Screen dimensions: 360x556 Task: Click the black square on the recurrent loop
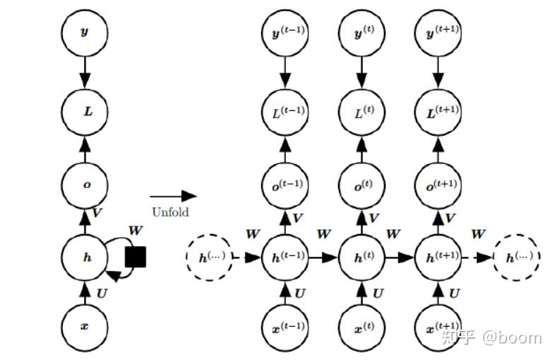tap(135, 257)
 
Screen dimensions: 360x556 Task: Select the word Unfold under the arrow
tap(170, 211)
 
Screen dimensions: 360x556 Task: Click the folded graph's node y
tap(84, 33)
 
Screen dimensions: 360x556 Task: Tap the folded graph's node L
tap(84, 111)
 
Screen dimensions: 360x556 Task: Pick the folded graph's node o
tap(84, 184)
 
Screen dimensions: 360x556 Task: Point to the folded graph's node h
tap(84, 257)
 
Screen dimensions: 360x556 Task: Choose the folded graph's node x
tap(84, 326)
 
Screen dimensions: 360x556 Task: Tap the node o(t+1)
tap(437, 184)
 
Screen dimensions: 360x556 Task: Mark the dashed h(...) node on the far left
tap(209, 257)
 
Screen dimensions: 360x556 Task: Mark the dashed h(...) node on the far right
tap(516, 257)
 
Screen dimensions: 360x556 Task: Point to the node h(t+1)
tap(437, 257)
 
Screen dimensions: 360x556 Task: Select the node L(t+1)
tap(437, 111)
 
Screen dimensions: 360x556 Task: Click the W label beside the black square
tap(134, 231)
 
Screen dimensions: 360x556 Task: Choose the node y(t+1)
tap(437, 33)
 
